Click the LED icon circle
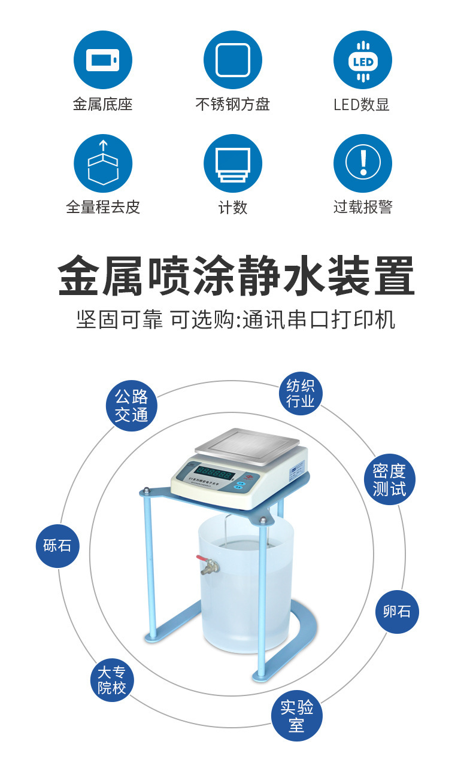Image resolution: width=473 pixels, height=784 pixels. pos(362,60)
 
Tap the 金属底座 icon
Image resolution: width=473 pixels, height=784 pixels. pos(102,60)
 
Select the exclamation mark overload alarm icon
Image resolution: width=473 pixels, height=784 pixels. pos(362,163)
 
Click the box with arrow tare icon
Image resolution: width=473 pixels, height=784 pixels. pos(102,163)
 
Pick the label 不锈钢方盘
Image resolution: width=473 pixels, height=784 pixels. pos(232,105)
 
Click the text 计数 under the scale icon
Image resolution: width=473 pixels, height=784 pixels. pos(232,208)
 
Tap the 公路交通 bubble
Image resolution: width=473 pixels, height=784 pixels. pos(131,405)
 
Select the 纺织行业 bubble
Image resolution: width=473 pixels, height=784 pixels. pos(300,393)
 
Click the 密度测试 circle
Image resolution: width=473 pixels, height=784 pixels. pos(389,479)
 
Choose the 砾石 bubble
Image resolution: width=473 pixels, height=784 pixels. pos(57,545)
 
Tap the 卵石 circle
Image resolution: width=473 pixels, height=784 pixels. pos(397,611)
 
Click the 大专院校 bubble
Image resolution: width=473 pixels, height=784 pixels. pos(112,680)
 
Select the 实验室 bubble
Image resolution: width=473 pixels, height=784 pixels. pos(296,716)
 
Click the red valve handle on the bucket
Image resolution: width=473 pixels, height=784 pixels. pos(201,559)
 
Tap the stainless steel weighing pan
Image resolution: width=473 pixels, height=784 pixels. pos(247,444)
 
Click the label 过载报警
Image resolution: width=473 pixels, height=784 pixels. pos(362,208)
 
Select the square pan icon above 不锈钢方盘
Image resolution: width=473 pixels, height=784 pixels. pos(232,60)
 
